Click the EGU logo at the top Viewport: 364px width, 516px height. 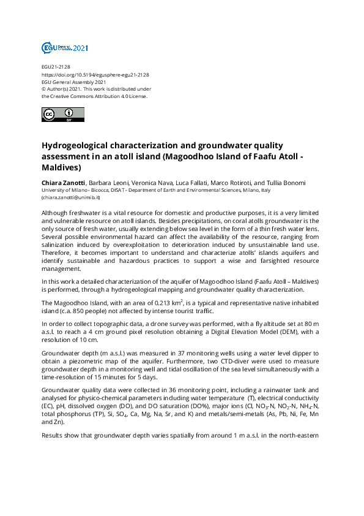(x=64, y=47)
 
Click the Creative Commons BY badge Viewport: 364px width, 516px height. (x=58, y=114)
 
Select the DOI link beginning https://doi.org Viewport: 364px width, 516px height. (x=95, y=74)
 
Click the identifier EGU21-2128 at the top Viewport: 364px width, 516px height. (x=56, y=67)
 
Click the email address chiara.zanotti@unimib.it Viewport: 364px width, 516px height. (x=70, y=197)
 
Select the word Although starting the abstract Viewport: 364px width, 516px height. (x=57, y=210)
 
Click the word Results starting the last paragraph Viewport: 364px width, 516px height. (x=53, y=435)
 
